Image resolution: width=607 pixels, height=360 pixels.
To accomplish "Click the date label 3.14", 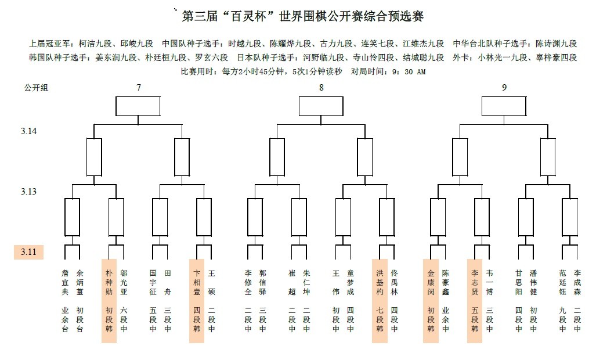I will pyautogui.click(x=29, y=131).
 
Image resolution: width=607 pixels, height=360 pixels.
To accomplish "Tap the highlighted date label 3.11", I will pyautogui.click(x=28, y=252).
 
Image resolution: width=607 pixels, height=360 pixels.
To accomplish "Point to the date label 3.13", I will pyautogui.click(x=29, y=192).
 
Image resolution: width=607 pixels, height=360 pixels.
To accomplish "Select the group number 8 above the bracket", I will pyautogui.click(x=321, y=88).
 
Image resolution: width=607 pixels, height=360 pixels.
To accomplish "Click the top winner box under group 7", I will pyautogui.click(x=138, y=106).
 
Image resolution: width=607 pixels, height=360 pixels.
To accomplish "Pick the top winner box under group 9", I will pyautogui.click(x=504, y=106).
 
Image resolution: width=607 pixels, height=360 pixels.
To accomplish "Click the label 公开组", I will pyautogui.click(x=35, y=88).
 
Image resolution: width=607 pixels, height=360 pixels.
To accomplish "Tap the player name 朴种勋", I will pyautogui.click(x=109, y=282).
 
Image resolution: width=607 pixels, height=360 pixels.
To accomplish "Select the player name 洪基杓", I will pyautogui.click(x=380, y=282).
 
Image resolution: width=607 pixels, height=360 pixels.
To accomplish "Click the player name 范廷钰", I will pyautogui.click(x=563, y=282).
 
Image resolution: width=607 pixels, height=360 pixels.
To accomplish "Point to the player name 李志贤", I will pyautogui.click(x=475, y=282).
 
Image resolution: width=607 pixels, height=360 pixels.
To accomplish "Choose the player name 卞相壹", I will pyautogui.click(x=197, y=282).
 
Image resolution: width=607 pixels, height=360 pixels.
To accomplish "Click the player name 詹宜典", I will pyautogui.click(x=65, y=282).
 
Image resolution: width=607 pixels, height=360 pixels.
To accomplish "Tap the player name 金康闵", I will pyautogui.click(x=431, y=282).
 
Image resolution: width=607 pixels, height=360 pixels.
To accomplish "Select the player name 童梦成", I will pyautogui.click(x=351, y=282).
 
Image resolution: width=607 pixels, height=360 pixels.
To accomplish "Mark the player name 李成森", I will pyautogui.click(x=577, y=282).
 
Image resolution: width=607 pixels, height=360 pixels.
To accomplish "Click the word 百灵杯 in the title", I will pyautogui.click(x=243, y=16).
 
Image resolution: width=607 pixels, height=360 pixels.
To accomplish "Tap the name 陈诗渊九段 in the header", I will pyautogui.click(x=556, y=44).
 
